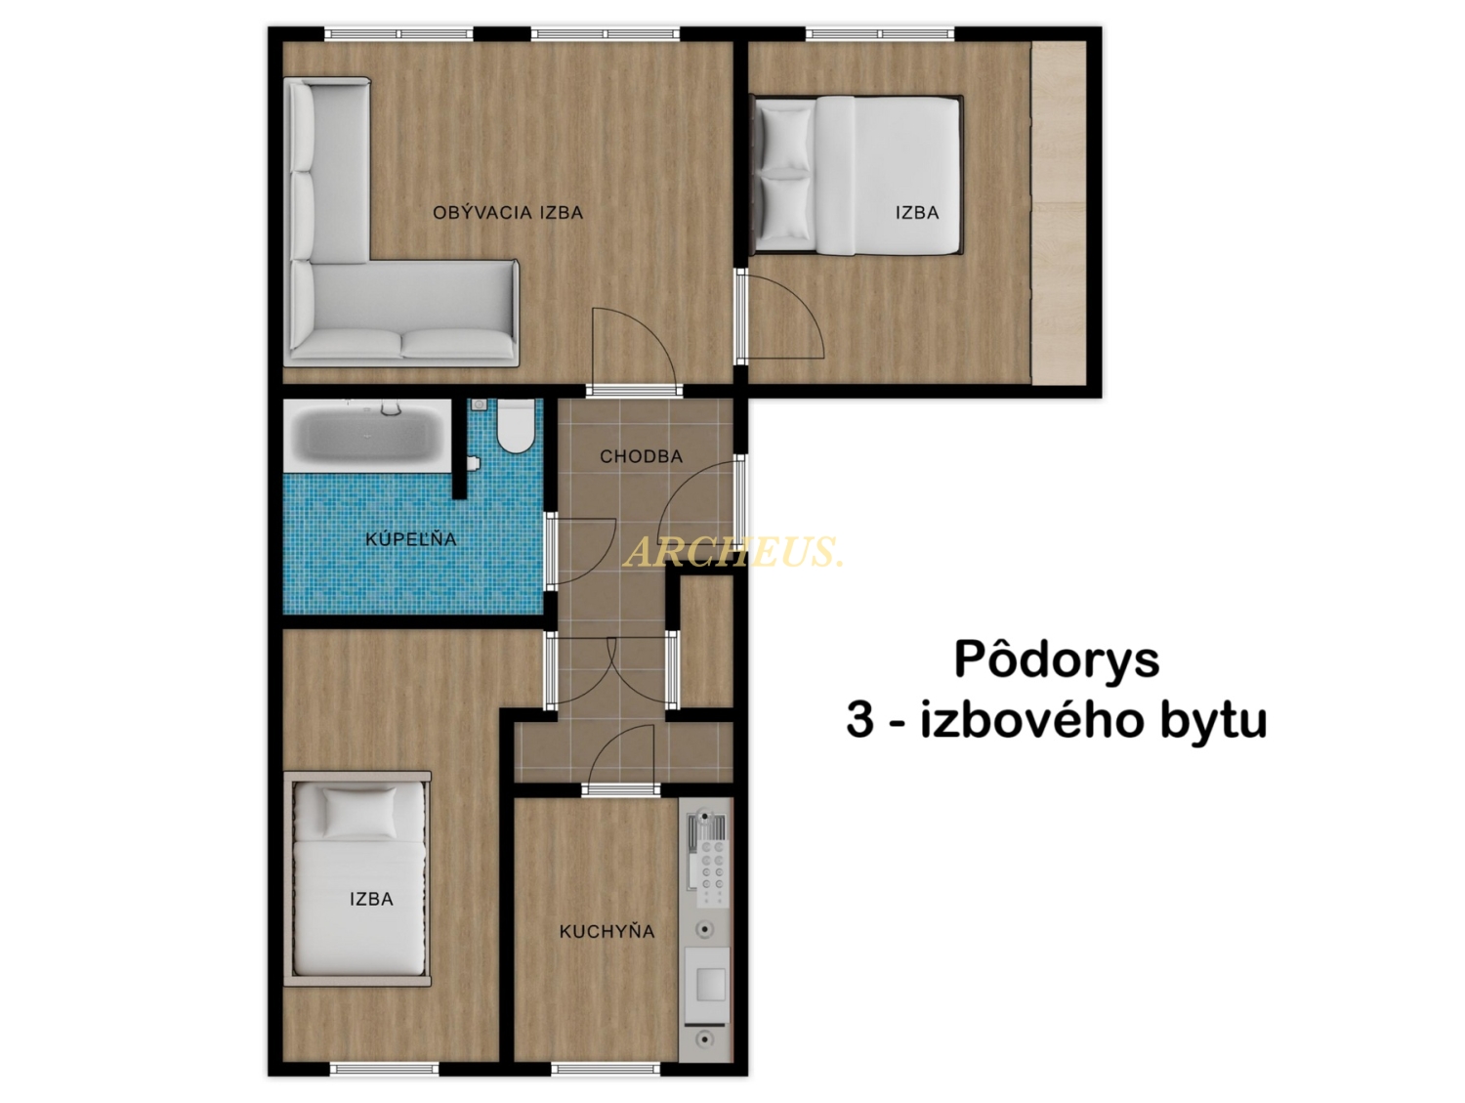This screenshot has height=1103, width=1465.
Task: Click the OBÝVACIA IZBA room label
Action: pyautogui.click(x=507, y=212)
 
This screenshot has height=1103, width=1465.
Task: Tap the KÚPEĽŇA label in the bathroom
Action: pyautogui.click(x=410, y=538)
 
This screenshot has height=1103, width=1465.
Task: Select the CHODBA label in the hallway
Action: pyautogui.click(x=641, y=456)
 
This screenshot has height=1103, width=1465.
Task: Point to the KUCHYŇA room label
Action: pyautogui.click(x=607, y=931)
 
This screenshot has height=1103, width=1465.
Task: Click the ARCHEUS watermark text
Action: pyautogui.click(x=732, y=551)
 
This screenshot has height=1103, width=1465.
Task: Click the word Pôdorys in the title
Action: pyautogui.click(x=1057, y=659)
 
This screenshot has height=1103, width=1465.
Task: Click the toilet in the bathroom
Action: pyautogui.click(x=516, y=427)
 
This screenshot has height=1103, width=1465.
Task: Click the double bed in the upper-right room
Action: pyautogui.click(x=857, y=175)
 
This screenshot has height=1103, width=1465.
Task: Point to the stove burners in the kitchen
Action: pyautogui.click(x=712, y=872)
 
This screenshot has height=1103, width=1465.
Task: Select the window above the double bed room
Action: pyautogui.click(x=880, y=33)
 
